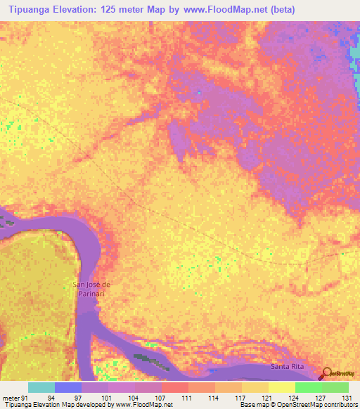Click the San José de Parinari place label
[92, 288]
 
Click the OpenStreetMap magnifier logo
[328, 373]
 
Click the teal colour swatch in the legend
[41, 387]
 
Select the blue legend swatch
[68, 387]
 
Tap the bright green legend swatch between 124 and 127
[308, 387]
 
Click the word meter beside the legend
[11, 398]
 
